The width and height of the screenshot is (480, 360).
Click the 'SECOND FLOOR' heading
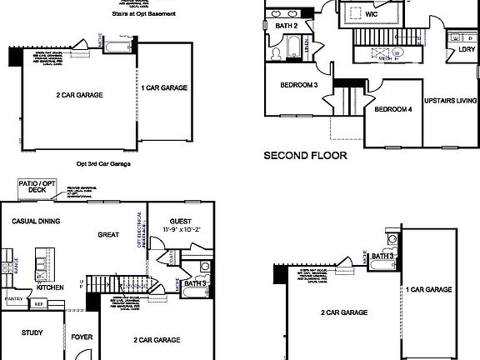(305, 155)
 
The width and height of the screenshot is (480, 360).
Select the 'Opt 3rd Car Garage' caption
(103, 164)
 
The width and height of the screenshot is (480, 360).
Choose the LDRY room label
(467, 49)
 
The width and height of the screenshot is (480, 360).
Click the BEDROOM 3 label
(298, 85)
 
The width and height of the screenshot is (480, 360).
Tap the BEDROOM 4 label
(392, 110)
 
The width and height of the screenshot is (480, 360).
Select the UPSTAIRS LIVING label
(451, 101)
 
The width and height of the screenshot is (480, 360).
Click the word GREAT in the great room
(109, 235)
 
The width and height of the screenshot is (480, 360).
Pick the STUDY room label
(32, 333)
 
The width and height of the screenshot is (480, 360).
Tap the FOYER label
(82, 338)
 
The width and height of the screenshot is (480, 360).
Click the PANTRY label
(13, 297)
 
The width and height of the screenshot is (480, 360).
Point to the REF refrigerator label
(38, 304)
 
